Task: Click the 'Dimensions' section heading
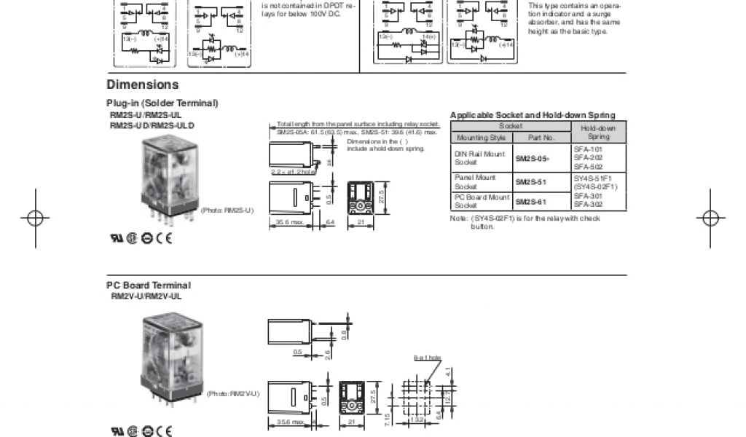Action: coord(143,84)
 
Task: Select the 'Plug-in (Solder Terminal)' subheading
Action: coord(162,103)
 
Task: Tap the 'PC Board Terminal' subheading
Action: coord(149,286)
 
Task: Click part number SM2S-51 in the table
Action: coord(530,182)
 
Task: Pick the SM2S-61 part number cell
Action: coord(530,202)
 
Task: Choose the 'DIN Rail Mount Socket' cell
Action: coord(479,158)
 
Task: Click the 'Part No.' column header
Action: coord(541,137)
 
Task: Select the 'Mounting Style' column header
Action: coord(481,137)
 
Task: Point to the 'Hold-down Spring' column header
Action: coord(598,132)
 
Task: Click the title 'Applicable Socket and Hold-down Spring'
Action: coord(533,115)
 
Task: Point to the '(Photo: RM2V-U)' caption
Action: coord(232,393)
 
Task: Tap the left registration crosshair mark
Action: coord(35,217)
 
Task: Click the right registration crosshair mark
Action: coord(710,217)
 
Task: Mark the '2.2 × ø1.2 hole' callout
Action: coord(292,172)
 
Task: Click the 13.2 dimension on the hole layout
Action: coord(417,420)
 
